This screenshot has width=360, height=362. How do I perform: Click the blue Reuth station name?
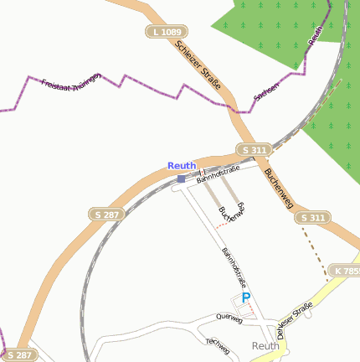[x=182, y=166]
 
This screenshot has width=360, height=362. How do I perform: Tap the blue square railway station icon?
[x=182, y=178]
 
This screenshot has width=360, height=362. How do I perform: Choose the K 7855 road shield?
[x=345, y=271]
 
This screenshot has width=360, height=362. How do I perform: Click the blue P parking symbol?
[x=245, y=297]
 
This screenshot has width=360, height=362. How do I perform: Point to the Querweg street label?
[x=229, y=319]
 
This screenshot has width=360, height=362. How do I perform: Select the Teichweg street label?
[x=217, y=344]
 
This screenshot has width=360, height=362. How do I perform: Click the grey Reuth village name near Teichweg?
[x=265, y=345]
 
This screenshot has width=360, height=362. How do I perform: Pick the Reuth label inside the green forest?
[x=316, y=34]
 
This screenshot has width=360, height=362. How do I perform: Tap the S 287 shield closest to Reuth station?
[x=106, y=215]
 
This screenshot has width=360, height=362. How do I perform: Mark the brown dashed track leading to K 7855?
[x=317, y=251]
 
